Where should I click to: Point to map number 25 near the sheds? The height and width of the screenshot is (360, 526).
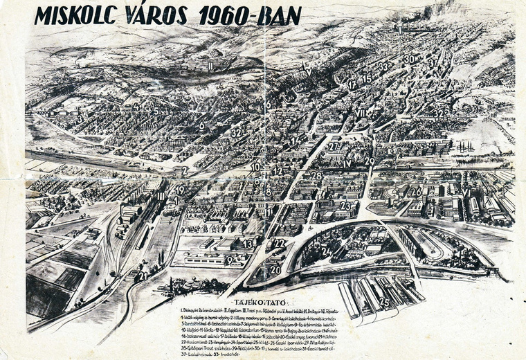(383, 301)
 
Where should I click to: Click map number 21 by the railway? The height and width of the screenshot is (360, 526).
(142, 276)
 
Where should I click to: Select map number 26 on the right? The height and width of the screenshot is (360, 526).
(415, 192)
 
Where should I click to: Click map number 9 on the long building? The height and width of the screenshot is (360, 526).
(229, 260)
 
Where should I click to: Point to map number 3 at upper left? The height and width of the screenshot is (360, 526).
(80, 118)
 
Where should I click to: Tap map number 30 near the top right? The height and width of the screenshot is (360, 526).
(409, 60)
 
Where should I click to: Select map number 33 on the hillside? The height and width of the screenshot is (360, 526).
(383, 66)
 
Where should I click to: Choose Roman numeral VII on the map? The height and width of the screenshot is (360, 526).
(361, 113)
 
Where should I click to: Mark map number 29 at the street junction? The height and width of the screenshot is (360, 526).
(370, 161)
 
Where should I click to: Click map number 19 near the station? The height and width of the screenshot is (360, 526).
(179, 190)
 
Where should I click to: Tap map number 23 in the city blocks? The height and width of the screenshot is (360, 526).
(345, 206)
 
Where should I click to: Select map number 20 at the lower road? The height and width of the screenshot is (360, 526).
(275, 270)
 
